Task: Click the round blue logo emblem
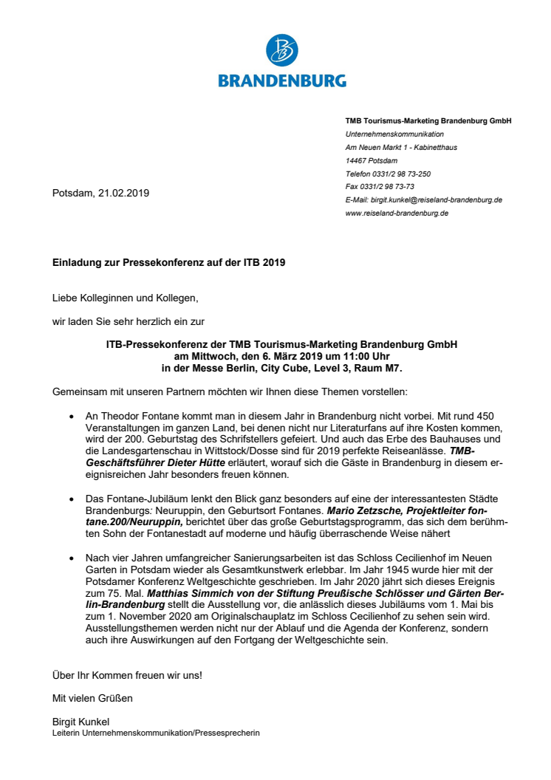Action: (x=282, y=52)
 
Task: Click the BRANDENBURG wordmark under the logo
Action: (x=282, y=80)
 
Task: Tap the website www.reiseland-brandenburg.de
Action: (x=397, y=213)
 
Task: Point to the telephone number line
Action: (x=388, y=174)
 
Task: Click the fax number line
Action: (x=379, y=187)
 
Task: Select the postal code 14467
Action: (x=357, y=160)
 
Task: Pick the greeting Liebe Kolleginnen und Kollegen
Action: (x=125, y=299)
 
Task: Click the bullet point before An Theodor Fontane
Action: (x=71, y=417)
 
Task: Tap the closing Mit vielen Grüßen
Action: (x=92, y=697)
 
